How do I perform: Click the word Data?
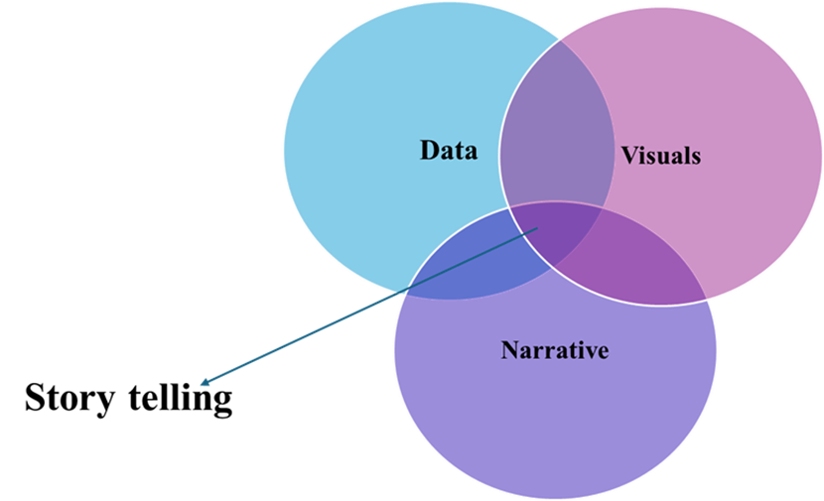tap(448, 151)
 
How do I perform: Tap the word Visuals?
tap(660, 156)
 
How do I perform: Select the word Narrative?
tap(554, 350)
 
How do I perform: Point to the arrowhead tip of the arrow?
tap(201, 385)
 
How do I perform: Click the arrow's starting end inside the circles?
tap(538, 228)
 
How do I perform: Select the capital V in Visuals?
tap(629, 156)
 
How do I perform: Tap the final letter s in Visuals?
tap(696, 157)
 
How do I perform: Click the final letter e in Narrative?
tap(602, 352)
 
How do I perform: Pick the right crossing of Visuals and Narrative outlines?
tap(707, 298)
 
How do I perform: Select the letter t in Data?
tap(460, 152)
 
